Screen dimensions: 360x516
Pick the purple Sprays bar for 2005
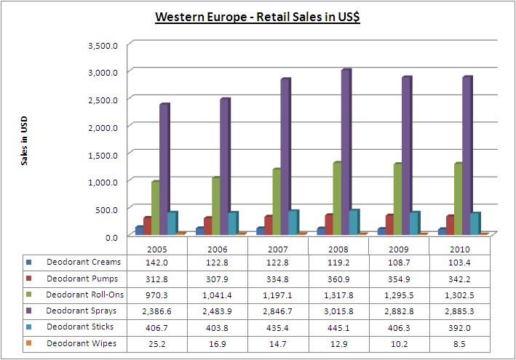coord(164,169)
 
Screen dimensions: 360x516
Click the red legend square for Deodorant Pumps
coord(28,279)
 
